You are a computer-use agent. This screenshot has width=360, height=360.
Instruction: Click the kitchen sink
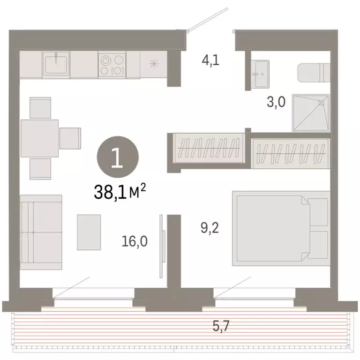pyautogui.click(x=56, y=64)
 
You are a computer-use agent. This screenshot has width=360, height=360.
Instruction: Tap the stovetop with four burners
pyautogui.click(x=112, y=65)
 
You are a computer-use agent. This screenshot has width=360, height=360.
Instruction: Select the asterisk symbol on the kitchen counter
pyautogui.click(x=154, y=64)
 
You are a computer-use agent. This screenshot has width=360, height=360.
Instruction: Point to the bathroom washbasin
pyautogui.click(x=259, y=74)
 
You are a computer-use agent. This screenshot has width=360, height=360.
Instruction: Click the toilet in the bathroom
pyautogui.click(x=314, y=73)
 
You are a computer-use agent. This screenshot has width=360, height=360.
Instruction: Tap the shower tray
pyautogui.click(x=310, y=113)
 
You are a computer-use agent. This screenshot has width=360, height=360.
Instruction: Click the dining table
pyautogui.click(x=39, y=138)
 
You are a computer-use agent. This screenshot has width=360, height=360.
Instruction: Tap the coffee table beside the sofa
pyautogui.click(x=89, y=232)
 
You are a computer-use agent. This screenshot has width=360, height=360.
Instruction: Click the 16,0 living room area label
pyautogui.click(x=135, y=241)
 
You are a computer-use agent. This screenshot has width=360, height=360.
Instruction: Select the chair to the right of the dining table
pyautogui.click(x=70, y=138)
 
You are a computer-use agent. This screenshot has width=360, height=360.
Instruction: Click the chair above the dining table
pyautogui.click(x=40, y=108)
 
